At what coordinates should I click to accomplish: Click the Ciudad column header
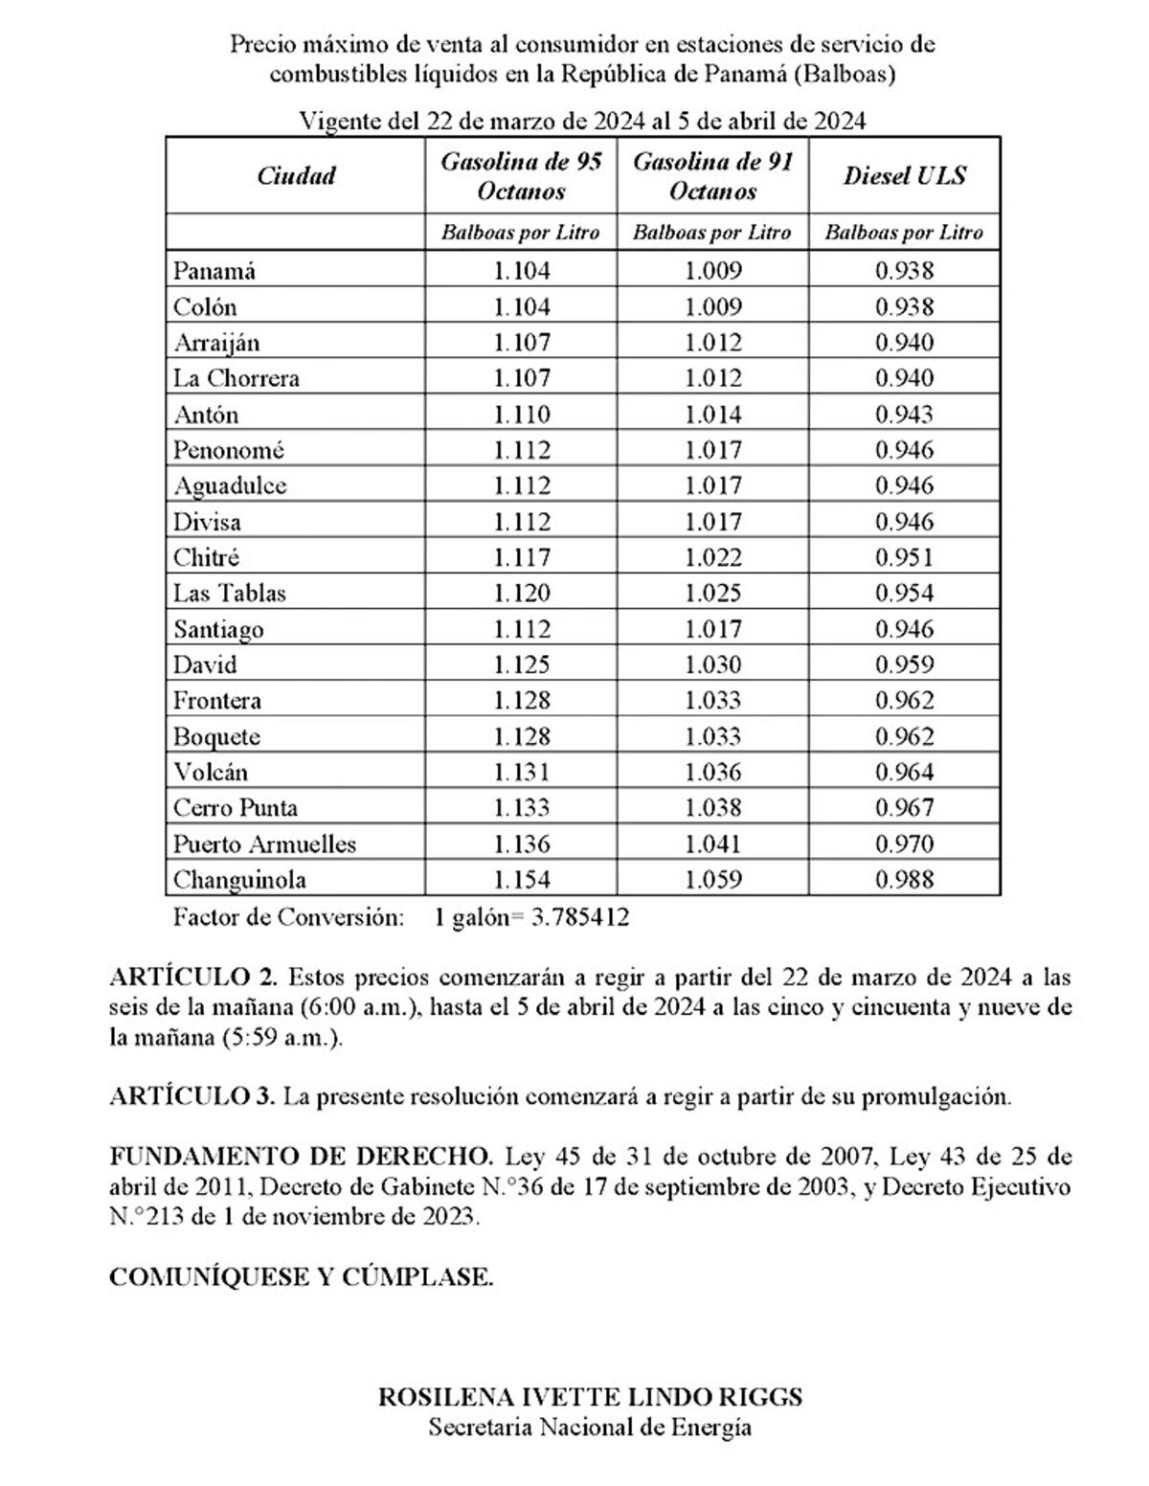(x=296, y=176)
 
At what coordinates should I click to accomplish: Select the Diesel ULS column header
(x=904, y=176)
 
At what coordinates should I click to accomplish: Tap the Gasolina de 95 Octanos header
(x=521, y=176)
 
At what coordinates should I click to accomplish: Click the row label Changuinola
(x=239, y=880)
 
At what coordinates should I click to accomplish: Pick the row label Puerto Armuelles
(x=264, y=844)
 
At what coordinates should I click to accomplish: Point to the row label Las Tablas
(x=230, y=594)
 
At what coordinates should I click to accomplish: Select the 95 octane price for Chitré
(x=522, y=558)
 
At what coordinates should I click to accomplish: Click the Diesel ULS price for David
(x=904, y=665)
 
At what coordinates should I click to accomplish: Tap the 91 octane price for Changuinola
(x=712, y=880)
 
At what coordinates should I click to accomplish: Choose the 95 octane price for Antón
(x=522, y=415)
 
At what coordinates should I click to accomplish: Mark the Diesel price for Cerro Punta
(x=904, y=808)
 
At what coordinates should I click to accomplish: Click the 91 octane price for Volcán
(x=712, y=773)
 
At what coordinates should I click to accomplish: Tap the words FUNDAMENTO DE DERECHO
(x=302, y=1157)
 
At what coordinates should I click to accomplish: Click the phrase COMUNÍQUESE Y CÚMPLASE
(x=302, y=1277)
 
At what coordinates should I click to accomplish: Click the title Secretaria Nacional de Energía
(x=590, y=1428)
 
